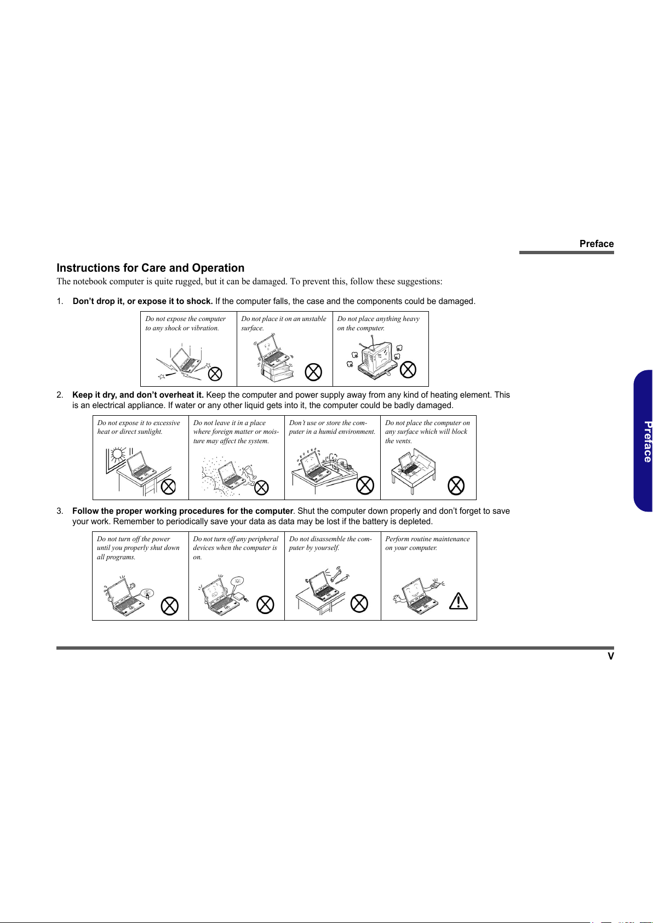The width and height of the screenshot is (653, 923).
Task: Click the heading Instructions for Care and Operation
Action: pos(150,268)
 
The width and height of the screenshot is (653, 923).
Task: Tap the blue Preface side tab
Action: pos(644,441)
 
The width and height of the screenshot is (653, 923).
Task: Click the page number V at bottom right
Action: pos(611,656)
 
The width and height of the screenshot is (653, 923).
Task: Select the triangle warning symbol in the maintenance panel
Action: pos(458,601)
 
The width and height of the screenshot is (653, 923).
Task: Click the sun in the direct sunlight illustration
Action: pos(117,454)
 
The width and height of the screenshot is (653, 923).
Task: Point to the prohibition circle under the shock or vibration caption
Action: pos(215,374)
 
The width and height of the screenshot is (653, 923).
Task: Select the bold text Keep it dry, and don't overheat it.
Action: pos(138,395)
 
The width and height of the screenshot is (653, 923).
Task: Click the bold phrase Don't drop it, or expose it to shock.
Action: pos(142,301)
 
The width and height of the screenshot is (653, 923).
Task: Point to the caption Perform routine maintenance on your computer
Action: pos(427,543)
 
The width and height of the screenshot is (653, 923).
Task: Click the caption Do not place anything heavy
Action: pos(378,318)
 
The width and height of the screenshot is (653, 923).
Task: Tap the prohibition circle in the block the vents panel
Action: pos(456,485)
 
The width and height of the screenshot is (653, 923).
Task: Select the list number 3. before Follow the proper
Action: pos(60,511)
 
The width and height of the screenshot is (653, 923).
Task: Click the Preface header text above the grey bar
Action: pos(597,244)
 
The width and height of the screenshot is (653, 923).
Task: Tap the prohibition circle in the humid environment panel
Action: pos(365,485)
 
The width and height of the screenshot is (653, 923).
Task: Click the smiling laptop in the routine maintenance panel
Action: pos(418,596)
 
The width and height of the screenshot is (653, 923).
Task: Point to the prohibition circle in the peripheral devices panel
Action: pos(265,605)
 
